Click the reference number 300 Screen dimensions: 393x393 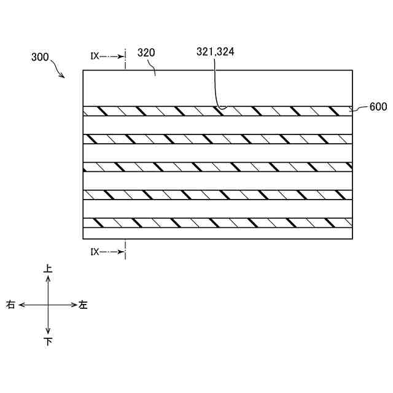coord(40,57)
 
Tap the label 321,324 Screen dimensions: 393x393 coord(215,53)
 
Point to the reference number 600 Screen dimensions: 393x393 coord(378,107)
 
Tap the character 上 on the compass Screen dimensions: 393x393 coord(48,269)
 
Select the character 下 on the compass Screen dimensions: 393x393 coord(48,341)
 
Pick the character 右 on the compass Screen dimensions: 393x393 coord(11,305)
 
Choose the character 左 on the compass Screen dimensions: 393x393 coord(84,305)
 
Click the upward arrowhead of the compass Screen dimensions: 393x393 coord(48,278)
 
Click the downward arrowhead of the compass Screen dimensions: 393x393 coord(48,332)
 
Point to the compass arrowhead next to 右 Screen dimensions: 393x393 coord(21,305)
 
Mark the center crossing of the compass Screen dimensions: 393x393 coord(48,305)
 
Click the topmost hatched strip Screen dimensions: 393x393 coord(217,111)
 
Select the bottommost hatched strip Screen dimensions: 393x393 coord(217,223)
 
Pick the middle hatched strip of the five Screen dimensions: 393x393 coord(217,167)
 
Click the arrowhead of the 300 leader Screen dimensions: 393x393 coord(64,77)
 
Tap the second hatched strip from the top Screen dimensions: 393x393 coord(217,139)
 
